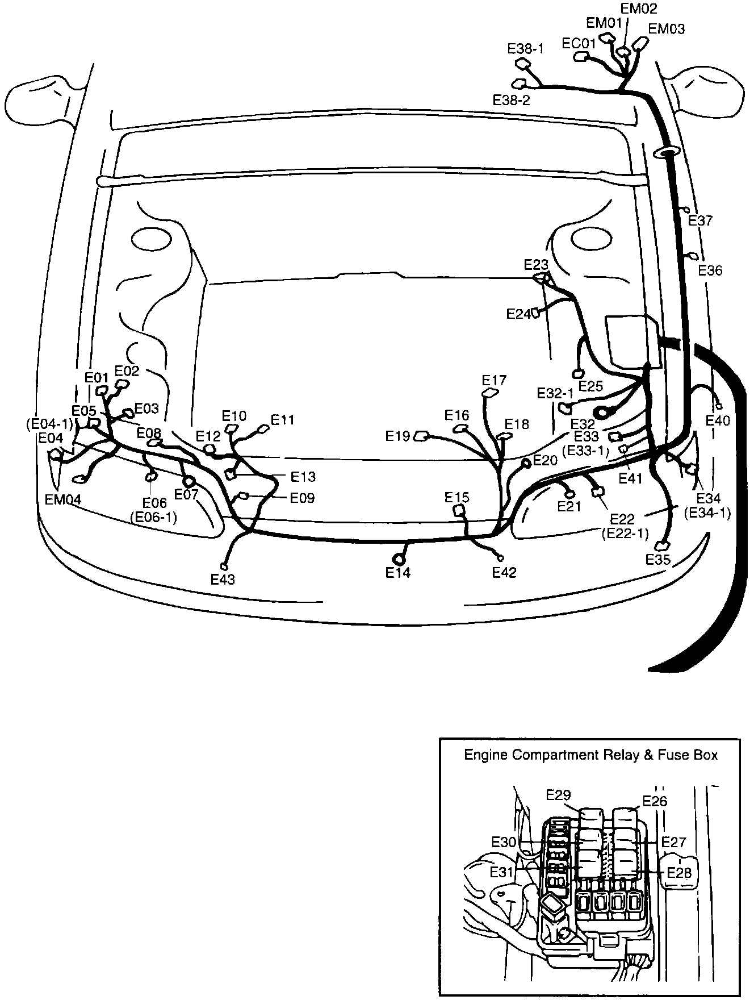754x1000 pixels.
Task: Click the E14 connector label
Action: [x=397, y=573]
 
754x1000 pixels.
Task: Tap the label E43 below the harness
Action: [x=223, y=579]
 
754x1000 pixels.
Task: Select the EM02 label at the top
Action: [x=638, y=9]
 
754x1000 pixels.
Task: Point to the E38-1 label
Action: [x=525, y=49]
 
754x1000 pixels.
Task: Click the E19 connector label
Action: [x=397, y=436]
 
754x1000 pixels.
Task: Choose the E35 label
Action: [x=658, y=560]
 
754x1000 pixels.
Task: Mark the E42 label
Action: [x=504, y=573]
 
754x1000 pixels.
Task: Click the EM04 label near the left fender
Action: [x=62, y=499]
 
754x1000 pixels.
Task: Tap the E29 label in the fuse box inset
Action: [x=558, y=794]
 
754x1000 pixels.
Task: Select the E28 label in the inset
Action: [x=679, y=872]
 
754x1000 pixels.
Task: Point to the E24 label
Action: [x=518, y=314]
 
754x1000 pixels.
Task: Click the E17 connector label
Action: [x=493, y=380]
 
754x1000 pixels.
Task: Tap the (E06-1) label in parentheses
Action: [x=153, y=517]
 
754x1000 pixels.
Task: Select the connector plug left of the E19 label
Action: [x=421, y=436]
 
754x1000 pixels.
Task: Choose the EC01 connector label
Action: [x=578, y=44]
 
